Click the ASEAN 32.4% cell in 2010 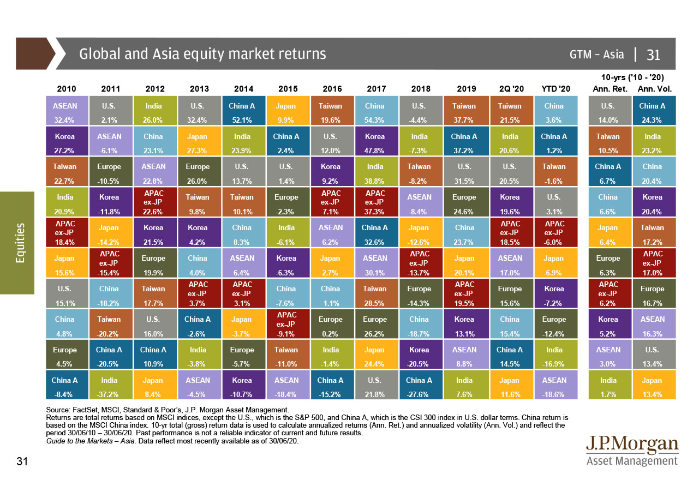coord(65,111)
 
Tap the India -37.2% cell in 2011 coord(110,386)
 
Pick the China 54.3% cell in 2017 coord(374,111)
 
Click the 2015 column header coord(288,89)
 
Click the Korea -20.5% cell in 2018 coord(419,355)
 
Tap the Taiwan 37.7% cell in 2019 coord(464,111)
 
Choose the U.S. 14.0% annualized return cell coord(608,111)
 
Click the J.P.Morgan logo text coord(632,445)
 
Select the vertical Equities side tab coord(20,243)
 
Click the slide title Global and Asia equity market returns coord(202,54)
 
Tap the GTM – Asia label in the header coord(596,54)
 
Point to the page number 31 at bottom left coord(22,462)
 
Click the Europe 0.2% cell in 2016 coord(330,325)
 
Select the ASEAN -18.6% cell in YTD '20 coord(554,386)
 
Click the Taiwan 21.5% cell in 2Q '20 coord(509,111)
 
